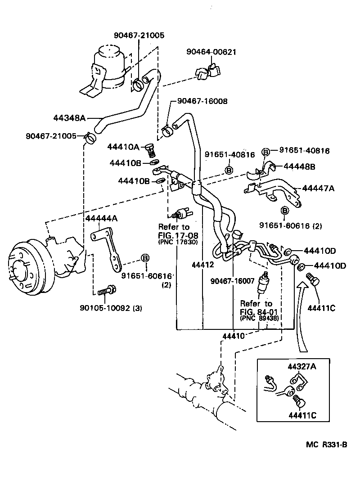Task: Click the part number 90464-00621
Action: coord(211,52)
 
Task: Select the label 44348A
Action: coord(69,118)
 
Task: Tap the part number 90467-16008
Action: coord(202,101)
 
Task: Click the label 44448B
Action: coord(299,166)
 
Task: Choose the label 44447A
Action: coord(318,189)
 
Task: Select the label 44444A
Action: coord(102,218)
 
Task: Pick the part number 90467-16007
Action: coord(233,281)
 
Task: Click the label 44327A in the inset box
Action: coord(302,367)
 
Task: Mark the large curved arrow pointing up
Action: coord(302,315)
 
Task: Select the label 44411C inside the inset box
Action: coord(302,414)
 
